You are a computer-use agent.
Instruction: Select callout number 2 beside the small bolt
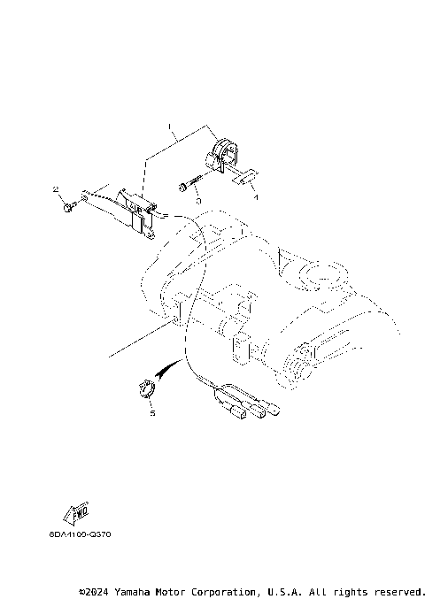pos(55,189)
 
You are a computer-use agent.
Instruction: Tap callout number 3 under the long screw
pos(197,201)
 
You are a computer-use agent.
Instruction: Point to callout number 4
pos(255,198)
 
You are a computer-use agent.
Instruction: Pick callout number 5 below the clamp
pos(151,412)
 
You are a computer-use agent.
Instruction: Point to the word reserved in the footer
pos(398,590)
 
